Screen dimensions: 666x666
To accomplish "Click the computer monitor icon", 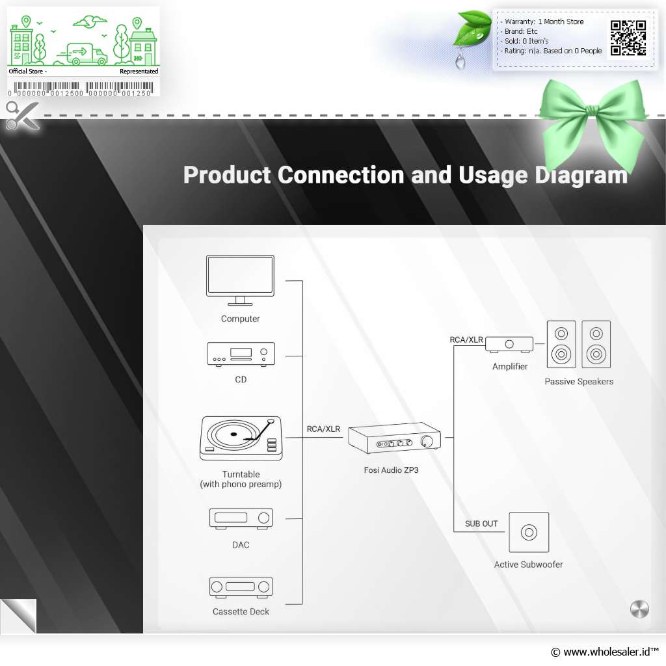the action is tap(240, 280).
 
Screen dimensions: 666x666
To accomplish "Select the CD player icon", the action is tap(241, 354).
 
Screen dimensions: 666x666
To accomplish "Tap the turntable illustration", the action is tap(241, 438).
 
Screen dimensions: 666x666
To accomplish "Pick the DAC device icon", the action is tap(241, 518).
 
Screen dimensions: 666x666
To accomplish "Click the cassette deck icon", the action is tap(241, 587).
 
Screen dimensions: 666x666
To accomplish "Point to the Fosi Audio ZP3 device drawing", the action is tap(394, 438).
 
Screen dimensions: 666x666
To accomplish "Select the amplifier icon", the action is tap(509, 345).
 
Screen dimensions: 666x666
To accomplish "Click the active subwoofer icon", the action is tap(529, 532).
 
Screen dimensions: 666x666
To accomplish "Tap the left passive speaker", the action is tap(561, 344).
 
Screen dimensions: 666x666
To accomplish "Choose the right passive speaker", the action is tap(596, 344).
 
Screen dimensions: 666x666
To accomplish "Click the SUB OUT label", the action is tap(481, 524).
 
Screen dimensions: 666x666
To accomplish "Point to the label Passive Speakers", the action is tap(579, 381).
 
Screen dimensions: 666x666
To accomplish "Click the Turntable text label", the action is tap(241, 474).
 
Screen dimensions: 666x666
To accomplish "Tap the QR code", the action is tap(628, 38).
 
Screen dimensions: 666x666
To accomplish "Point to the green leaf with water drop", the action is tap(472, 30).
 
